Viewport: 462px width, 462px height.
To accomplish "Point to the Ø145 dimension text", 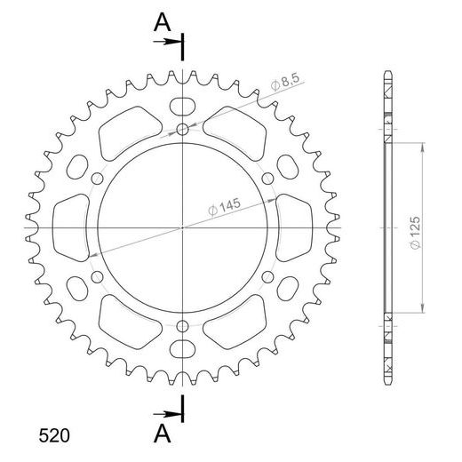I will click(223, 207).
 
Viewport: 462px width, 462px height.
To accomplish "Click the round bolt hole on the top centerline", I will click(183, 131).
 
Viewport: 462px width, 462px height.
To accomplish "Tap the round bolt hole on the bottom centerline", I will click(183, 325).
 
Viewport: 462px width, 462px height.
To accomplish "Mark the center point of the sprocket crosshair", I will click(183, 228).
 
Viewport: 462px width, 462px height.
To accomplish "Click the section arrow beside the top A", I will click(176, 40).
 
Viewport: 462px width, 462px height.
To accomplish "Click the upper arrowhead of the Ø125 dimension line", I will click(422, 146).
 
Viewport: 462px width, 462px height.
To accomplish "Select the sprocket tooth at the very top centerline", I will click(183, 73).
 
